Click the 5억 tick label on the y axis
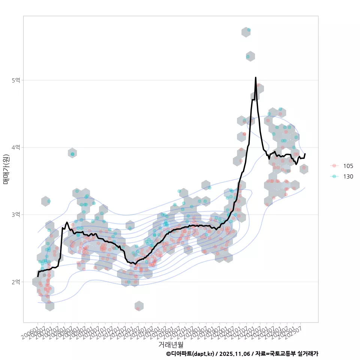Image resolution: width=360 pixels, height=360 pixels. pos(16,80)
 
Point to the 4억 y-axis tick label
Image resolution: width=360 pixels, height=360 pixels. pos(16,147)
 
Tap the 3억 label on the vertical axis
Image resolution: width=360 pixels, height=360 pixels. pos(16,214)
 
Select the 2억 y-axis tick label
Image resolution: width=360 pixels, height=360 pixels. pos(16,282)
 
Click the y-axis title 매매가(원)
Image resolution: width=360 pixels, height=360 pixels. pos(6,169)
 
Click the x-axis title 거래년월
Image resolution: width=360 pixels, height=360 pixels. pos(171,344)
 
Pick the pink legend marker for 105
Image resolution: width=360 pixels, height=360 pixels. pos(334,166)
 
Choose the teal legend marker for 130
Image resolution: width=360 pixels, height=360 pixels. pos(334,176)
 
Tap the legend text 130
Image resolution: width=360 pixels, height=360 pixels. pos(348,176)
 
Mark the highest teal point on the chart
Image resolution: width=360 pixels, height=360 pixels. pos(249,30)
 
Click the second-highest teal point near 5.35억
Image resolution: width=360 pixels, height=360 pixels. pos(248,57)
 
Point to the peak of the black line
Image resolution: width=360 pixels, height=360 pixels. pos(255,78)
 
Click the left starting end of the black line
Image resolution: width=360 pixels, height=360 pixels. pos(38,276)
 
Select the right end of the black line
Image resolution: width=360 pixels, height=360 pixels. pos(305,154)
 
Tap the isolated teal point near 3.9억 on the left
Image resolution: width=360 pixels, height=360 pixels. pos(72,154)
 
